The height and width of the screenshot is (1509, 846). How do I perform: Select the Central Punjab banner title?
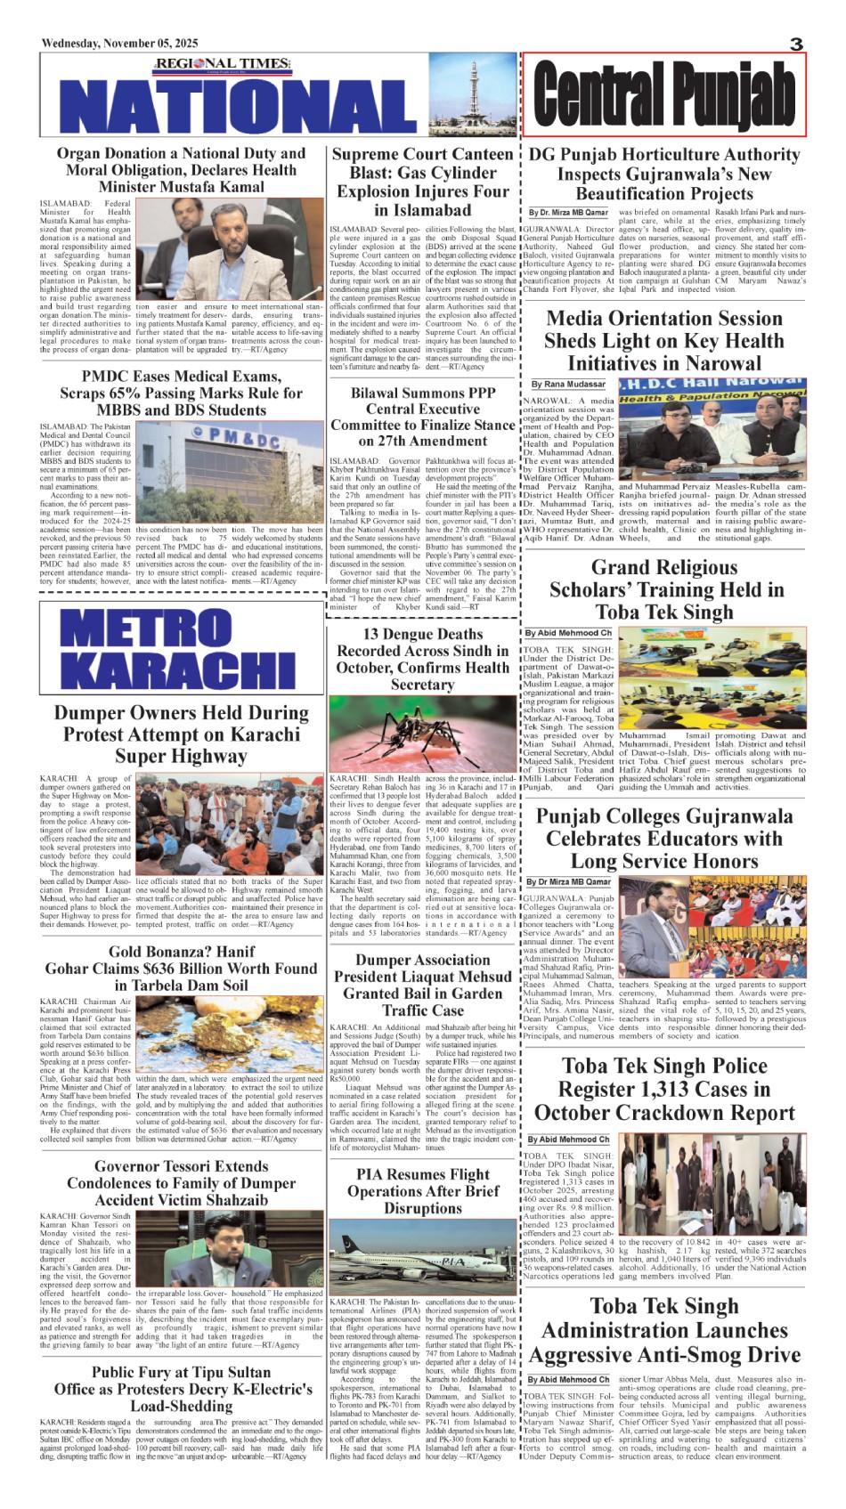click(664, 93)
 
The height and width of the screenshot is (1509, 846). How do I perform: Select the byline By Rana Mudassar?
click(568, 384)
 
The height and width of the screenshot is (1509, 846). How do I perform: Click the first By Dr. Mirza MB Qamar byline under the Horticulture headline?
click(568, 213)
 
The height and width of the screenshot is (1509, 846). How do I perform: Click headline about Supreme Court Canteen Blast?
click(422, 182)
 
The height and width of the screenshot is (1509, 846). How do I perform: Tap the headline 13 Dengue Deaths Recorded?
click(422, 659)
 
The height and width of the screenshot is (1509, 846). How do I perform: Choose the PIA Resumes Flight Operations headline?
click(423, 1191)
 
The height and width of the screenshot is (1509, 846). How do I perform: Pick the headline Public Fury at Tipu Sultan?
click(181, 1389)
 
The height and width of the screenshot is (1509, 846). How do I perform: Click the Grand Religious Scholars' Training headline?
click(665, 589)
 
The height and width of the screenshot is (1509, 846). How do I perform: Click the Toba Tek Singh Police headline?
click(664, 1089)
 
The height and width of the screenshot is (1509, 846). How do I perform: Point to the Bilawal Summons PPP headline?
click(422, 417)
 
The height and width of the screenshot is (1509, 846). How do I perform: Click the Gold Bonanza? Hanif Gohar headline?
click(181, 969)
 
